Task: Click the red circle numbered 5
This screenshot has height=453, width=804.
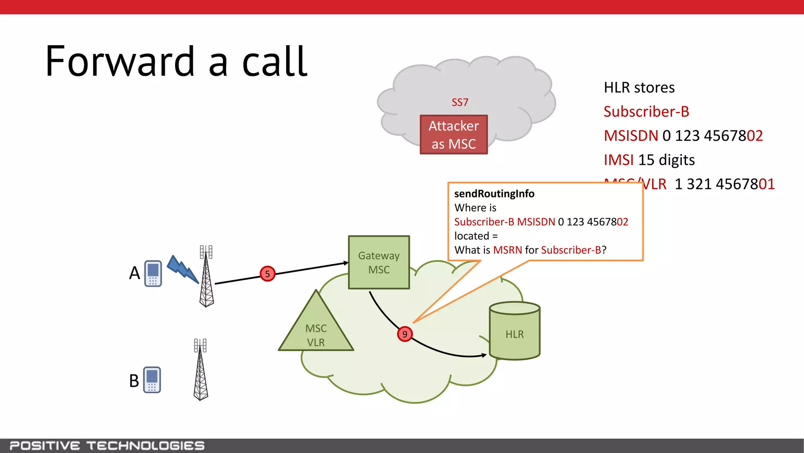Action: (267, 274)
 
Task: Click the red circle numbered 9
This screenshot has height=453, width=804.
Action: (405, 334)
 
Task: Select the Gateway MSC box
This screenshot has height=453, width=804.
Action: (379, 262)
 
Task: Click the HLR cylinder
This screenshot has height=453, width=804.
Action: (515, 332)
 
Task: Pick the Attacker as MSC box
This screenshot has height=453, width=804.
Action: (454, 134)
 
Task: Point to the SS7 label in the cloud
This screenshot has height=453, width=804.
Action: (460, 102)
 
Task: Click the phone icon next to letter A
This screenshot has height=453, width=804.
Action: (153, 273)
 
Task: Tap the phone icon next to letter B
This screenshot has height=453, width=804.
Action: (152, 379)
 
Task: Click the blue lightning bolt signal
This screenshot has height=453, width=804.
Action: (183, 269)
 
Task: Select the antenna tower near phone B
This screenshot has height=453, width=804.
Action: (201, 370)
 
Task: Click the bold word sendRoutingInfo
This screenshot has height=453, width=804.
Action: (494, 193)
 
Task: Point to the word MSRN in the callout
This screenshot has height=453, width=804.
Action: (507, 250)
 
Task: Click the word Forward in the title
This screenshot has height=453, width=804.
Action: (120, 62)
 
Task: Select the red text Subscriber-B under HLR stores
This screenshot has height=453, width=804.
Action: (646, 112)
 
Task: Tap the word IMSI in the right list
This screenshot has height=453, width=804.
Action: (618, 160)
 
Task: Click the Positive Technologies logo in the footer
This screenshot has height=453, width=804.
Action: (107, 446)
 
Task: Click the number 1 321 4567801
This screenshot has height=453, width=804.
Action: (724, 184)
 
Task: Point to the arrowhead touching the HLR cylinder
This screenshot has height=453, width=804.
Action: (484, 355)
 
